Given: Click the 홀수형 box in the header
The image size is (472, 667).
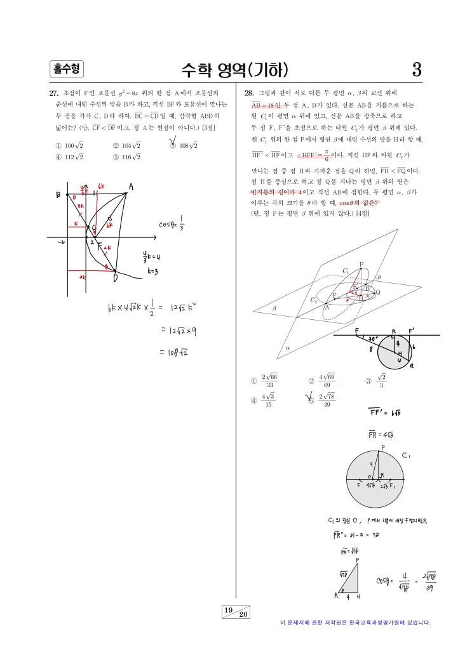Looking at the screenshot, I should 65,69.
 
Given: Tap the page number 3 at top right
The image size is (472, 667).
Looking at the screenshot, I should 416,69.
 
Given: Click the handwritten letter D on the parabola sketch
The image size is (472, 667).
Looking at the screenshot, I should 115,278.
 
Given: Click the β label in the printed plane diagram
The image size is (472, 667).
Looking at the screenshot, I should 274,307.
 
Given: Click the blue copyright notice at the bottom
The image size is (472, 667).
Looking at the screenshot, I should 355,623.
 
